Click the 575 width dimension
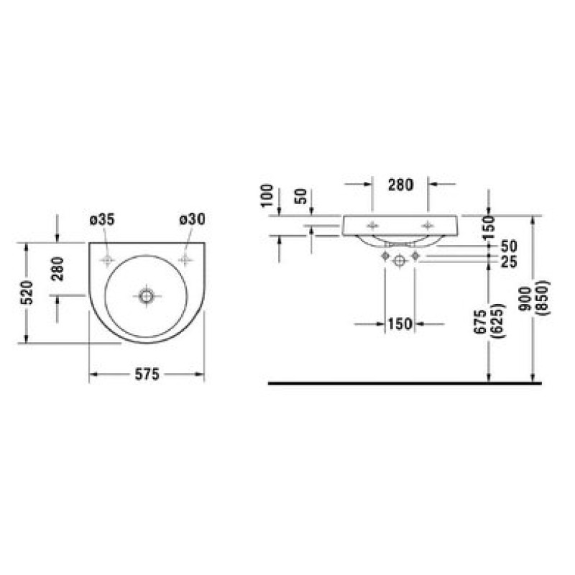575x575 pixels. (x=147, y=374)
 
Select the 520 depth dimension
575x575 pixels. (x=27, y=293)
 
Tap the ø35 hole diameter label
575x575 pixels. (x=102, y=219)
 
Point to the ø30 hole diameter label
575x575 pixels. (x=192, y=219)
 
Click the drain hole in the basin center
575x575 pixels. (x=147, y=295)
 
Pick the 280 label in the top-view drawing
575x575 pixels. (x=57, y=269)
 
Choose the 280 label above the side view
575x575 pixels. (x=401, y=185)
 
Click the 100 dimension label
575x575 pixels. (x=267, y=195)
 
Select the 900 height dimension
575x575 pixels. (x=526, y=299)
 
